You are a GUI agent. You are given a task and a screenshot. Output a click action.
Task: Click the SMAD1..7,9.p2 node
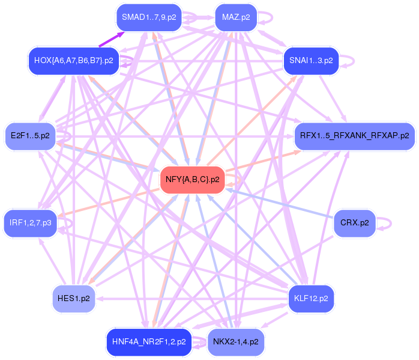coord(149,17)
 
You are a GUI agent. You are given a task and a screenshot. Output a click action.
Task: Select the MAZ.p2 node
coord(235,17)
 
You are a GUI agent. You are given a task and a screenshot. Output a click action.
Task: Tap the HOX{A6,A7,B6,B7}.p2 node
coord(73,61)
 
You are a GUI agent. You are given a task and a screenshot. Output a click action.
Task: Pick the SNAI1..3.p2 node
coord(311,61)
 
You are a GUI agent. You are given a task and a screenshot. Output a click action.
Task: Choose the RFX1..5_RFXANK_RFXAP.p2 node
coord(354,136)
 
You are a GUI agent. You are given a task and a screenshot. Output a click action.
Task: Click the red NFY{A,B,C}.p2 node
coord(192,179)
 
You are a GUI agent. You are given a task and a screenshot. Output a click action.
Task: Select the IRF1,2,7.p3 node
coord(30,223)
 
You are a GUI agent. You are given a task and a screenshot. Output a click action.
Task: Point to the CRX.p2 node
coord(354,223)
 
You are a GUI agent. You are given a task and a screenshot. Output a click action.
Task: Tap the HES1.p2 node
coord(73,298)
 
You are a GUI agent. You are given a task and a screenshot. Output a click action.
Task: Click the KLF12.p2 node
coord(311,298)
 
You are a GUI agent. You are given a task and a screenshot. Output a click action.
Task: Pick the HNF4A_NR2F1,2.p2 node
coord(149,342)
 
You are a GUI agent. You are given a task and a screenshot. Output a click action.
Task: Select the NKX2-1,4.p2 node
coord(235,342)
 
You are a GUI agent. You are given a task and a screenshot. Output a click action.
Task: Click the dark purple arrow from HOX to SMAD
coord(111,39)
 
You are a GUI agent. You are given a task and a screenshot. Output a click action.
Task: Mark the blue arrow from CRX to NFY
coord(282,204)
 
